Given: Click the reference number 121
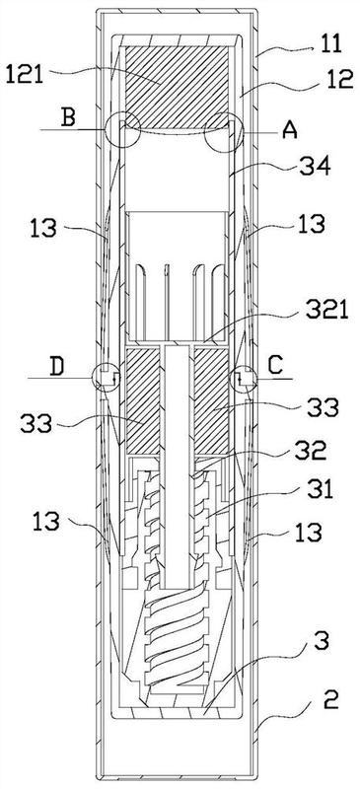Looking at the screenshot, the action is pos(25,75).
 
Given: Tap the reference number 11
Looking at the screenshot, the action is pos(328,43).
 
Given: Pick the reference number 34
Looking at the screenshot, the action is pos(317,167).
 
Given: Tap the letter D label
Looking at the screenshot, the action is pos(56,367).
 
